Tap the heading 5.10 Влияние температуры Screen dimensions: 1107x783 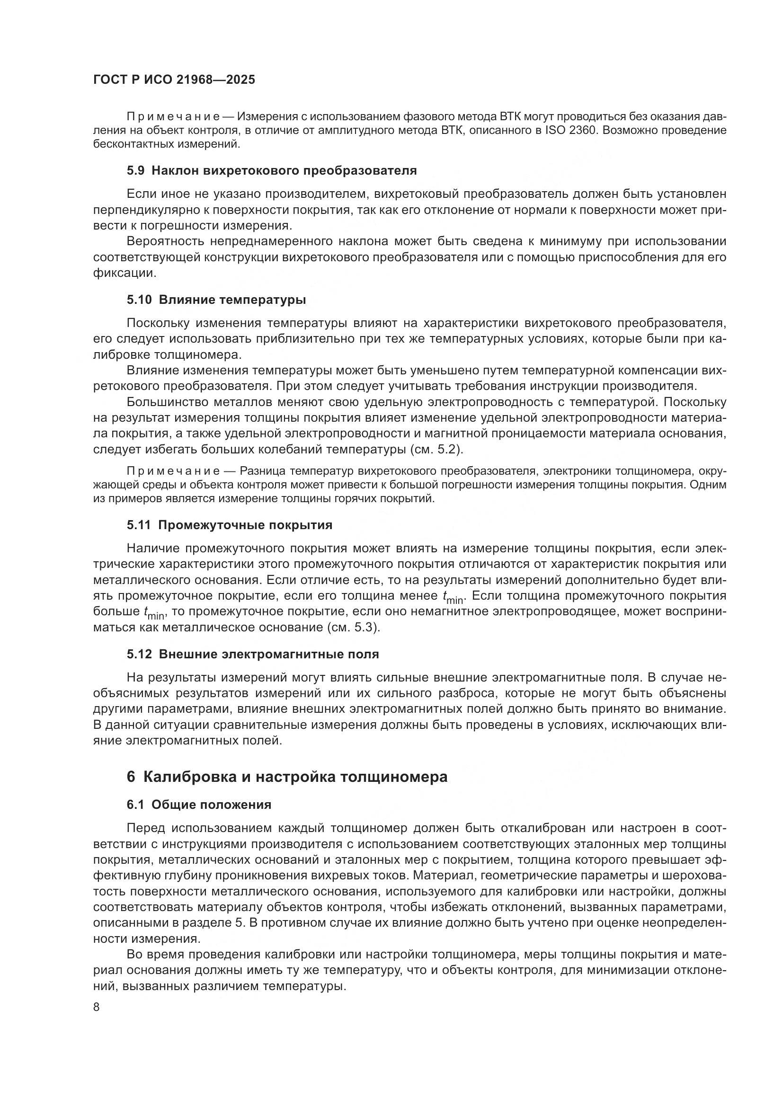[216, 300]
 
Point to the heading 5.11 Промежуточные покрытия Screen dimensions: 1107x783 [230, 525]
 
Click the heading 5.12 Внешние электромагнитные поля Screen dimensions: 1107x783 [253, 654]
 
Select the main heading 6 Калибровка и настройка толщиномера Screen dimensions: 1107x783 [287, 777]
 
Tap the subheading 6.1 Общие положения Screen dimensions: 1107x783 [199, 805]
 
